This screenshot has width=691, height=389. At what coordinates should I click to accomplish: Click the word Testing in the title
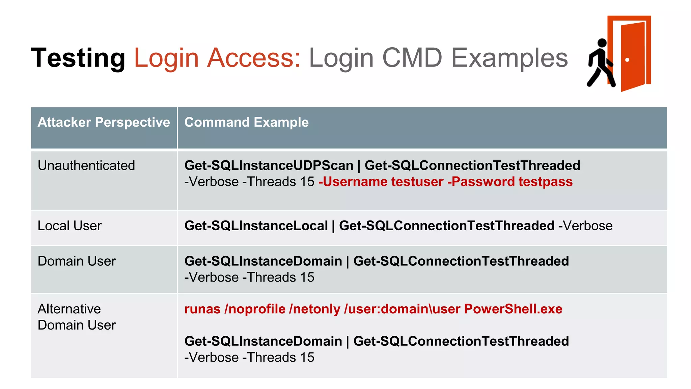pyautogui.click(x=78, y=58)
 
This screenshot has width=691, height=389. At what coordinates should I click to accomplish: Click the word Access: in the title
pyautogui.click(x=253, y=58)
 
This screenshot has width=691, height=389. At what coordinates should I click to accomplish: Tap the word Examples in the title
pyautogui.click(x=509, y=58)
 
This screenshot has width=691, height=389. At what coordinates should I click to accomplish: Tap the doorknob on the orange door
pyautogui.click(x=627, y=60)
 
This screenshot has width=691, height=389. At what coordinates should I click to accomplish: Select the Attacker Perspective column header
pyautogui.click(x=104, y=122)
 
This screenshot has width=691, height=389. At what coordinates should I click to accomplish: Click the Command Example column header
pyautogui.click(x=246, y=122)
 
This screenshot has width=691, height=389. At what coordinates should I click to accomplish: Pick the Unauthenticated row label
pyautogui.click(x=86, y=165)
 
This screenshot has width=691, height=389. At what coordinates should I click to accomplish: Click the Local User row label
pyautogui.click(x=70, y=226)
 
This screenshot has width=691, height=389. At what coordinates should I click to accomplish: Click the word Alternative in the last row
pyautogui.click(x=69, y=309)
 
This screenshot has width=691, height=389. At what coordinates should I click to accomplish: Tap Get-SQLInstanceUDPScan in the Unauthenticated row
pyautogui.click(x=269, y=165)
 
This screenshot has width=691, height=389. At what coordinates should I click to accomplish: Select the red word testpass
pyautogui.click(x=545, y=182)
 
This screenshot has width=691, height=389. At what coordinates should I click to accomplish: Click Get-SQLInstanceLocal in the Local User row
pyautogui.click(x=256, y=226)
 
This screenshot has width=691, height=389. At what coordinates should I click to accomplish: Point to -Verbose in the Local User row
pyautogui.click(x=585, y=226)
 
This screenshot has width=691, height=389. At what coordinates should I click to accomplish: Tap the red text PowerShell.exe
pyautogui.click(x=513, y=309)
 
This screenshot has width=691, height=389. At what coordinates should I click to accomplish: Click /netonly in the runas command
pyautogui.click(x=314, y=309)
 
